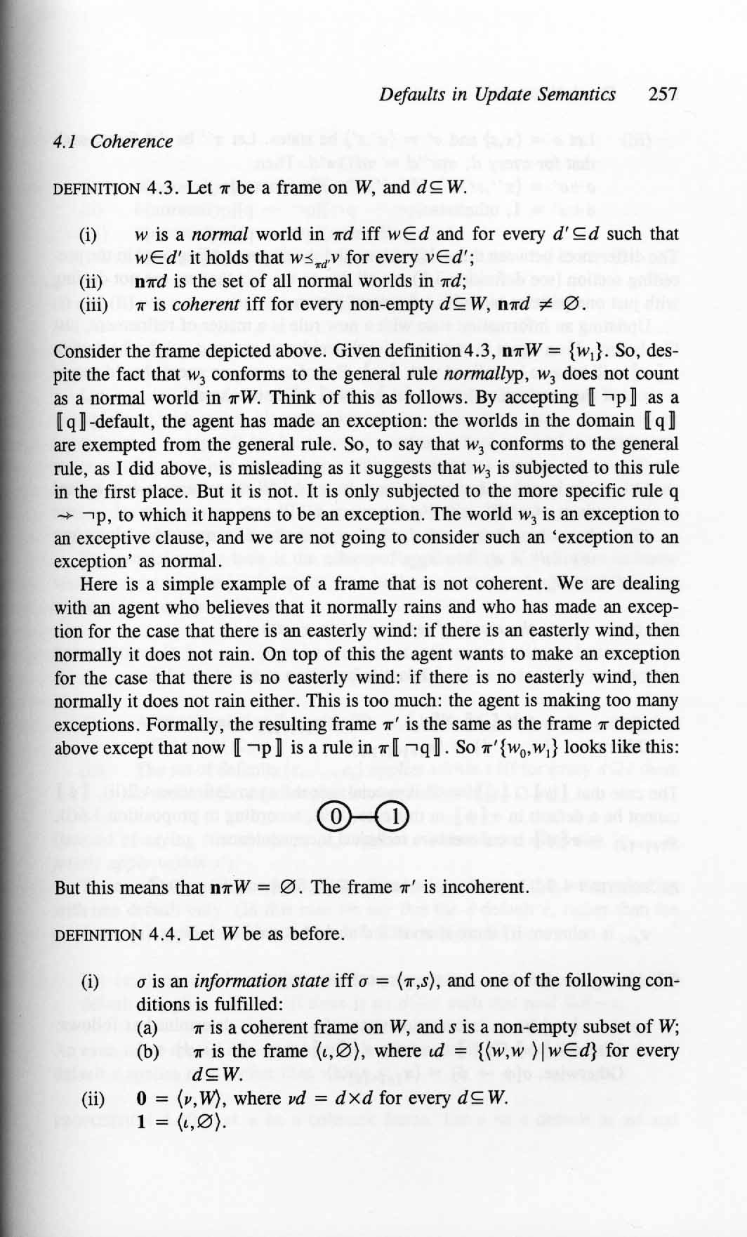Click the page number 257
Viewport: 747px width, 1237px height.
point(662,94)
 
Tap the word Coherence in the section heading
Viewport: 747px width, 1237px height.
point(132,141)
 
